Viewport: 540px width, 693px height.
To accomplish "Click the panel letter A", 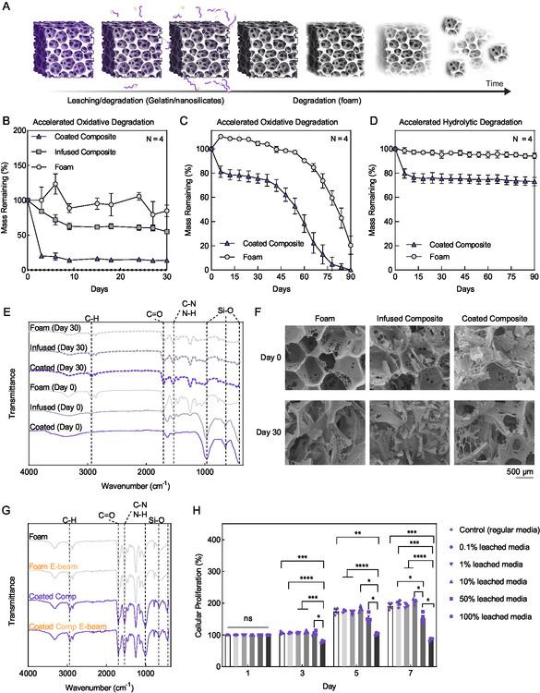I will coord(6,6).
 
